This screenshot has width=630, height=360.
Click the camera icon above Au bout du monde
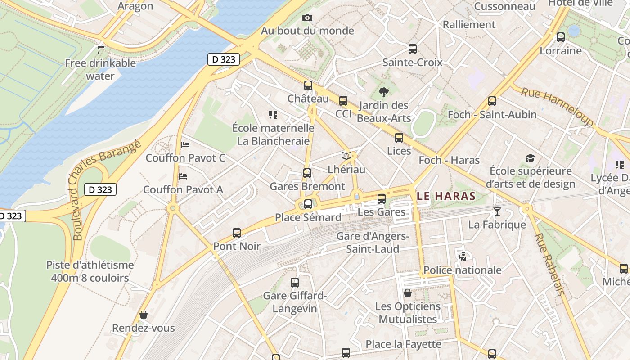tap(307, 18)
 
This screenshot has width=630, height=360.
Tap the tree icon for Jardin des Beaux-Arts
tap(384, 93)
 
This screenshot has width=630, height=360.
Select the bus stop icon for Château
tap(308, 85)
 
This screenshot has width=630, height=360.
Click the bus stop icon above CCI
tap(343, 101)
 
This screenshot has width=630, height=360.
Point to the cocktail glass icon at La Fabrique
tap(497, 211)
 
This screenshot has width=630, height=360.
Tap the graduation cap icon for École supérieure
tap(531, 158)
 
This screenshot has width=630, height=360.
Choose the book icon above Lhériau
tap(346, 156)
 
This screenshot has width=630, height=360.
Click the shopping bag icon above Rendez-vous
tap(144, 314)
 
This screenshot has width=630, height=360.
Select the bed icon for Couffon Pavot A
tap(183, 176)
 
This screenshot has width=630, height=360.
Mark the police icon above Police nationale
tap(462, 257)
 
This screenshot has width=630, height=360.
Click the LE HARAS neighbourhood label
tap(446, 196)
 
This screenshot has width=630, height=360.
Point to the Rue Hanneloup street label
tap(557, 107)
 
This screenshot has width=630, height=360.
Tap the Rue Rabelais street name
tap(549, 264)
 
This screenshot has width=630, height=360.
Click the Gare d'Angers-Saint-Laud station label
tap(373, 243)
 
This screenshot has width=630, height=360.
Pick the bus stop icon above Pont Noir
tap(237, 233)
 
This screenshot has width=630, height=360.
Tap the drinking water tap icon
tap(101, 49)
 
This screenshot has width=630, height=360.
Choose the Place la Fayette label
tap(403, 344)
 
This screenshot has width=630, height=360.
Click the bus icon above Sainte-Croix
tap(413, 49)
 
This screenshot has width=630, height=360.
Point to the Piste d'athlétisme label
tap(90, 271)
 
